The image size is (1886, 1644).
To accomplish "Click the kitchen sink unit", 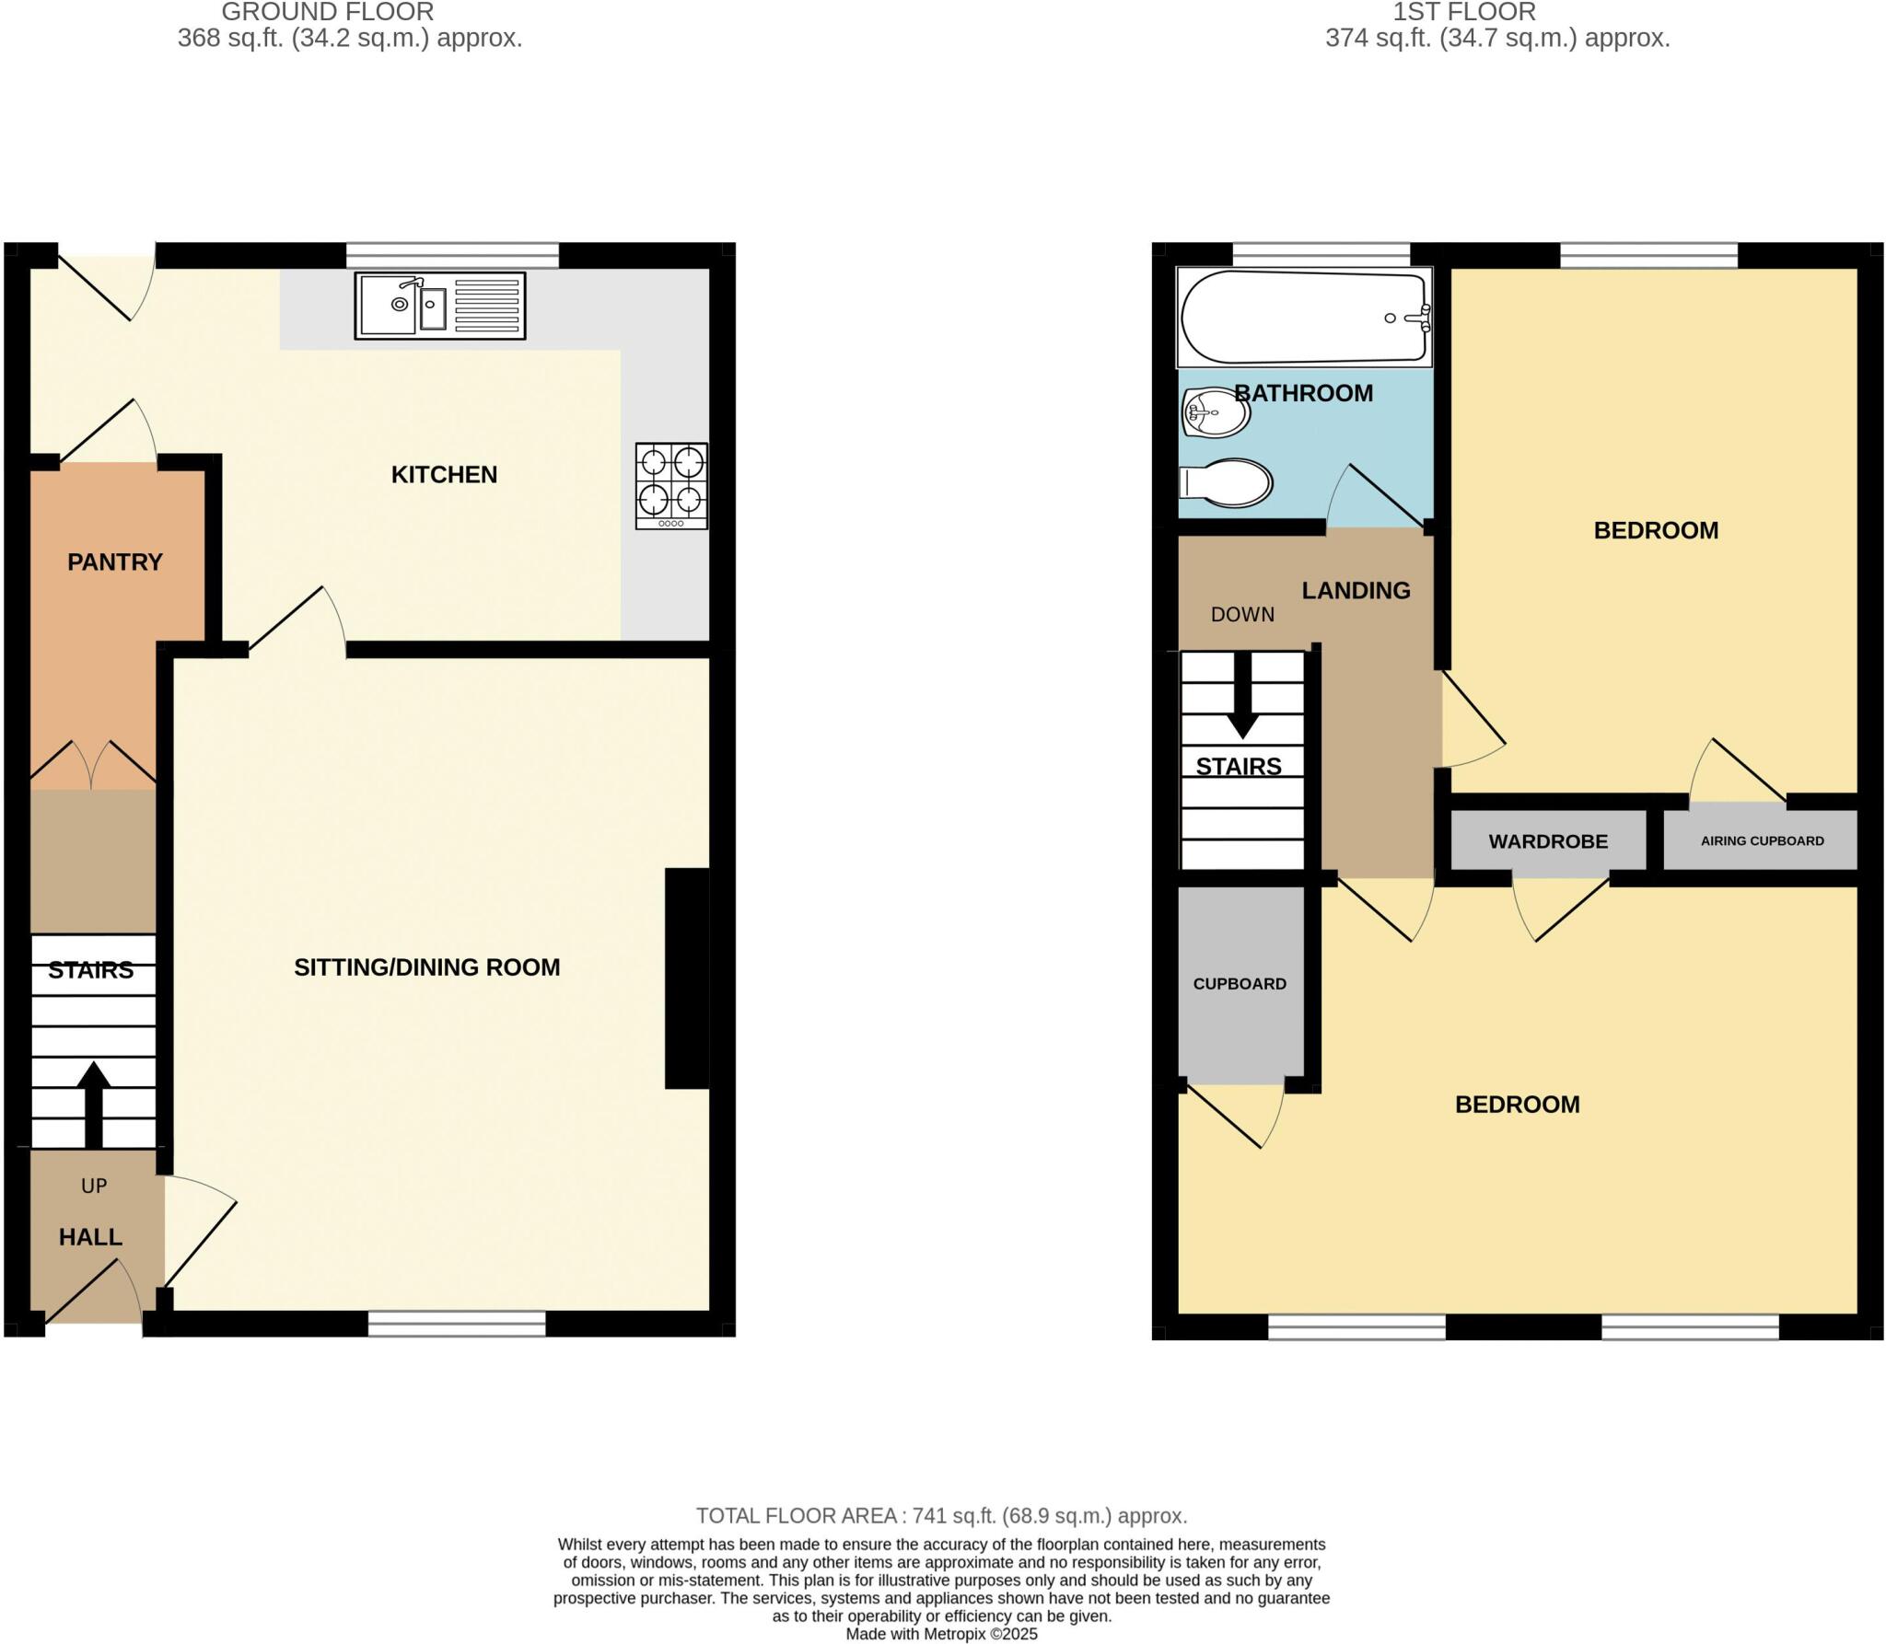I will click(x=440, y=306).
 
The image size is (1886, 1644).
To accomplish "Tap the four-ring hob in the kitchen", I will click(x=671, y=486).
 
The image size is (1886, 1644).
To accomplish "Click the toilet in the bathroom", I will click(x=1226, y=482).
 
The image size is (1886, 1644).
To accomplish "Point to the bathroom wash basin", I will click(x=1216, y=413).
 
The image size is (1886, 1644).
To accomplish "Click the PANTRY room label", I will click(x=115, y=562).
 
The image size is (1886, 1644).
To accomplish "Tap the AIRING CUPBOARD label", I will click(x=1762, y=840).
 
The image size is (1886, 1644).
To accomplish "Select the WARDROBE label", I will click(x=1548, y=841).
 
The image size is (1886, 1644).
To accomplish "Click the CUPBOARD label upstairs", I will click(x=1240, y=984).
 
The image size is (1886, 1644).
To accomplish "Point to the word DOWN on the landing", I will click(x=1242, y=615).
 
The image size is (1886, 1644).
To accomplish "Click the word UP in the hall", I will click(x=94, y=1186).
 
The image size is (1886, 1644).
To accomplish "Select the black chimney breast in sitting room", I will click(x=687, y=978).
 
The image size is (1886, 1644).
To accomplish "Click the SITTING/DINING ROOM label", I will click(x=426, y=967).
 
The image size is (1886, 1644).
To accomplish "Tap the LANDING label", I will click(x=1356, y=591).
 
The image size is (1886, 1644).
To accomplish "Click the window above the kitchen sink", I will click(x=452, y=255).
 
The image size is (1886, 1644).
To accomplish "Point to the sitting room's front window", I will click(x=457, y=1324).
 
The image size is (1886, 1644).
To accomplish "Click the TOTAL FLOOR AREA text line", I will click(x=941, y=1515).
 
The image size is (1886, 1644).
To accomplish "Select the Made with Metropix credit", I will click(x=941, y=1634).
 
